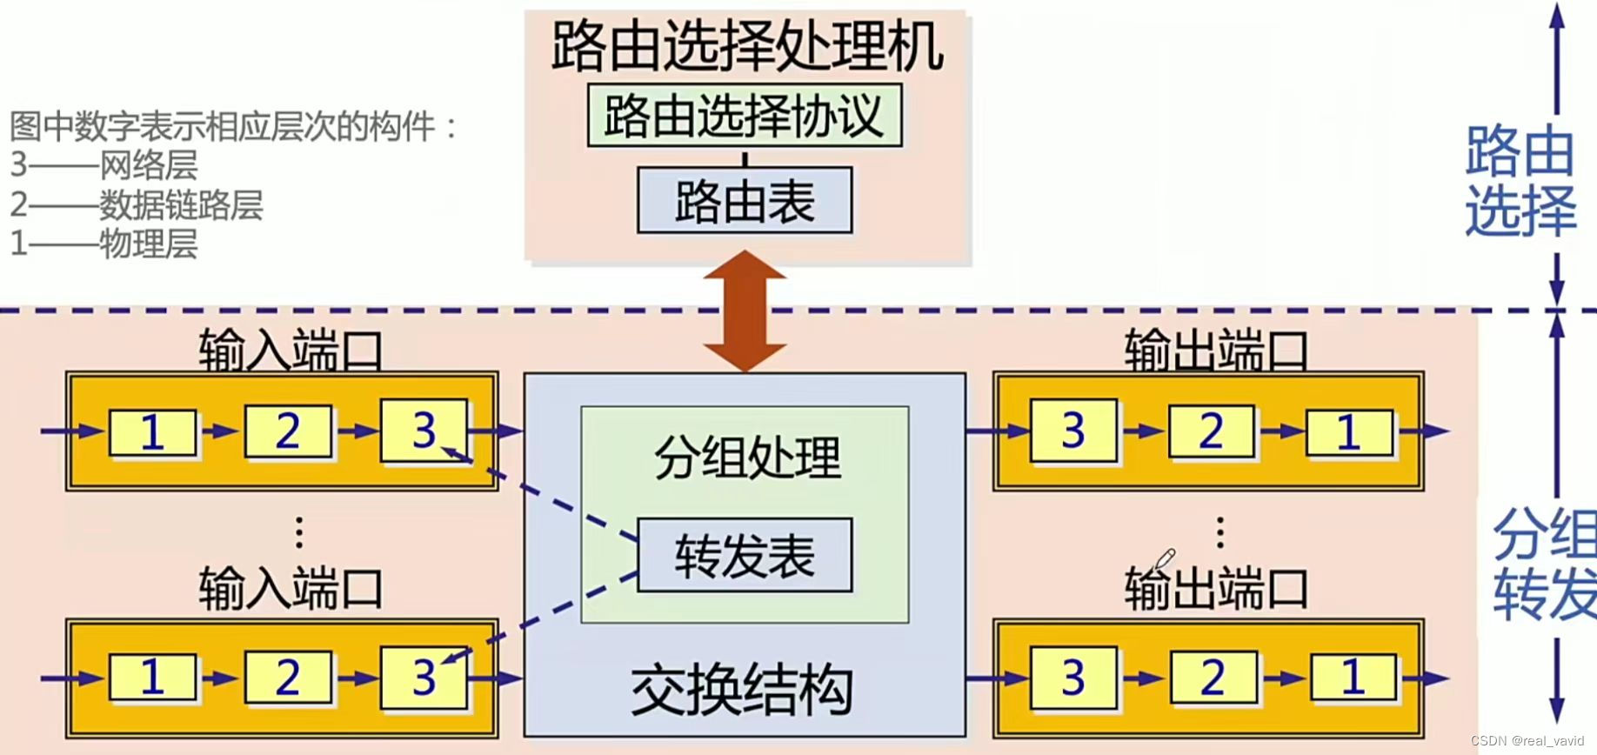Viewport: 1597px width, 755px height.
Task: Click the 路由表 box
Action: click(x=745, y=201)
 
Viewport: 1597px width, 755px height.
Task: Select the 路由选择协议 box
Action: click(x=745, y=116)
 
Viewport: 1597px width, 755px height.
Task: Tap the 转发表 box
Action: click(x=745, y=556)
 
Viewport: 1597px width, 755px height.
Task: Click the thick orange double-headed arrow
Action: click(x=745, y=311)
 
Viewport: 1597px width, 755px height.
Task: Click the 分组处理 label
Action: click(x=746, y=458)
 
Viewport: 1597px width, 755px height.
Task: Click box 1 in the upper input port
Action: click(x=152, y=431)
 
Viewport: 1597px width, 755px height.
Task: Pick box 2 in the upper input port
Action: click(x=288, y=431)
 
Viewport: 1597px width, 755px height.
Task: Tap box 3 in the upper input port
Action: click(x=424, y=430)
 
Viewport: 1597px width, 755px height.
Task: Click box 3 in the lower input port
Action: click(x=424, y=677)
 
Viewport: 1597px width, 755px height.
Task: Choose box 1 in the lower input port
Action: click(x=152, y=677)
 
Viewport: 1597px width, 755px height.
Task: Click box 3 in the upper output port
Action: click(x=1073, y=431)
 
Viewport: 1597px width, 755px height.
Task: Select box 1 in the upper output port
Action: click(x=1348, y=431)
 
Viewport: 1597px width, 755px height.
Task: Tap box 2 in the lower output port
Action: click(x=1212, y=678)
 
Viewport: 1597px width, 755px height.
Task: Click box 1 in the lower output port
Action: click(x=1353, y=677)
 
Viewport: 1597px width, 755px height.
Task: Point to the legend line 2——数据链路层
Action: click(x=137, y=205)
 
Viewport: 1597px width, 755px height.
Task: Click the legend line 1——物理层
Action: click(x=104, y=244)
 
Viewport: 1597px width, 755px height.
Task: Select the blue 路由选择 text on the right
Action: click(x=1520, y=181)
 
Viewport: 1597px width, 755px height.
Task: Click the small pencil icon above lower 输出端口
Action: click(x=1165, y=558)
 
